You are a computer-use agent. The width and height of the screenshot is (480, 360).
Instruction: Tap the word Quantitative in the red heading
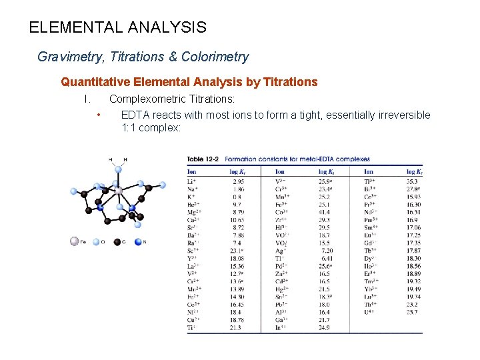94,83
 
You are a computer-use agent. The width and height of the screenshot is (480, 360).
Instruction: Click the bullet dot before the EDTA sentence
99,115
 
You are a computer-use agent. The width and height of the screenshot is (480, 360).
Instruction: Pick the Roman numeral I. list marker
86,99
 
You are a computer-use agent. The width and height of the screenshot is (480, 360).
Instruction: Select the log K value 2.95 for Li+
238,181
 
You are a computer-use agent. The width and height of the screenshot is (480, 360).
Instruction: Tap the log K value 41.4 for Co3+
325,210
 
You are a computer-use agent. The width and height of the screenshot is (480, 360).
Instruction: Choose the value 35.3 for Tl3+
413,181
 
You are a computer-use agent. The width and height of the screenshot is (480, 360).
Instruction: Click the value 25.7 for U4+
413,311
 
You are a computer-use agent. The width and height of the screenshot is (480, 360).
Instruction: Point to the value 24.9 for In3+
325,328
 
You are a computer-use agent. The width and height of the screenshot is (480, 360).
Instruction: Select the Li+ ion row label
191,181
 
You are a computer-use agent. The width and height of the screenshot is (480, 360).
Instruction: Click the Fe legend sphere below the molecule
75,242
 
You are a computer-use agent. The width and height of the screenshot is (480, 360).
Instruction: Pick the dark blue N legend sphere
139,242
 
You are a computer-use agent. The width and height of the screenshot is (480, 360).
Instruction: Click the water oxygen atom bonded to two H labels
119,169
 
